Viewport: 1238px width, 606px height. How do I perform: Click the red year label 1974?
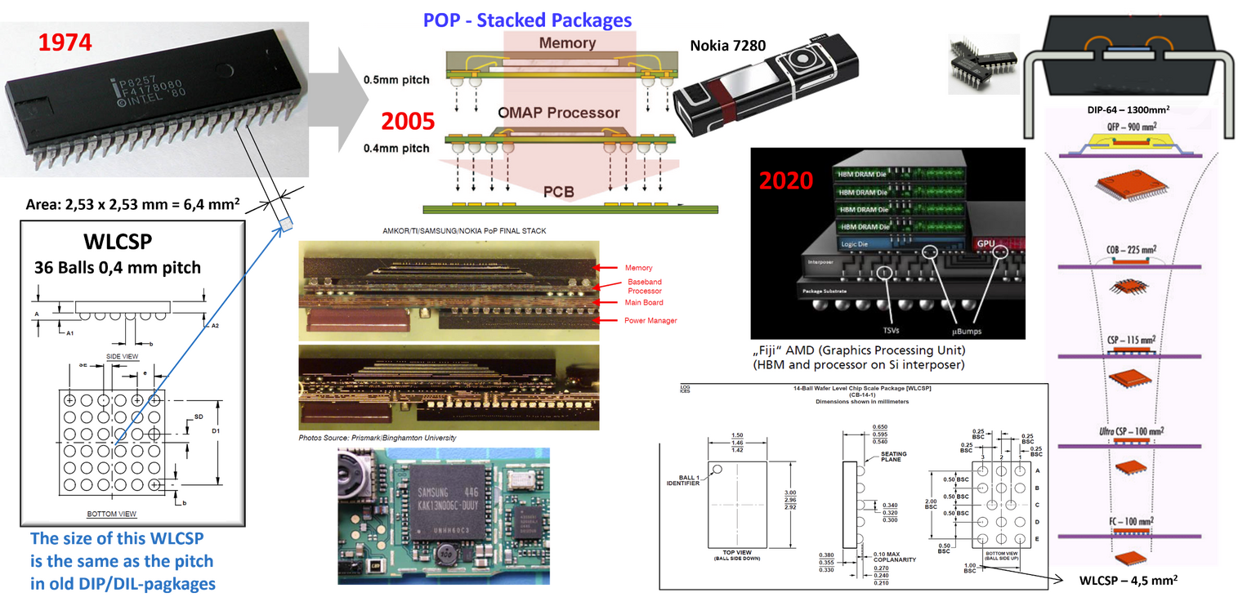65,42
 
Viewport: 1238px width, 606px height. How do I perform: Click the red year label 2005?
408,121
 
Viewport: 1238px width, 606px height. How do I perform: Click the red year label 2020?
786,179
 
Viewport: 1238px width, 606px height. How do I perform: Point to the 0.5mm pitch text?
396,80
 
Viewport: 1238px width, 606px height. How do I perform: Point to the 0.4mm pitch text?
396,148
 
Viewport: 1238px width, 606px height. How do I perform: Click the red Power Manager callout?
650,320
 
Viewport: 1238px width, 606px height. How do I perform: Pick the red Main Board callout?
644,302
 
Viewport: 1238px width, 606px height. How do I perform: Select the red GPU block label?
985,243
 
